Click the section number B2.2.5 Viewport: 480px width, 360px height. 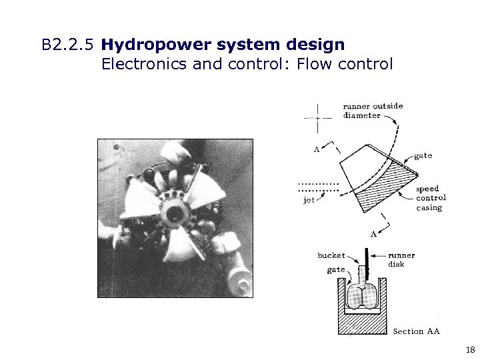click(x=69, y=46)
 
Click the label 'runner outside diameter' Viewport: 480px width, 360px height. click(x=372, y=110)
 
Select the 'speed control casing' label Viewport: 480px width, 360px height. click(x=430, y=198)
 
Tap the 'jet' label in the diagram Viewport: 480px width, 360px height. click(x=309, y=200)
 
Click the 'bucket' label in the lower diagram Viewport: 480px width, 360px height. click(x=331, y=255)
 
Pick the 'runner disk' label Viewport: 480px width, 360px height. click(x=401, y=259)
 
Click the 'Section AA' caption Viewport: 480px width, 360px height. click(x=416, y=331)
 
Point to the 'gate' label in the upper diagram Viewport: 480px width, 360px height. click(x=423, y=156)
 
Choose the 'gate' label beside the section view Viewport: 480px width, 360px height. click(x=336, y=270)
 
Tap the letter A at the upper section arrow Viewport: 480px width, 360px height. click(x=316, y=149)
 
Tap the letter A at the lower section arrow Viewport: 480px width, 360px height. click(x=373, y=234)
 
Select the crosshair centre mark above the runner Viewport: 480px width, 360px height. click(x=318, y=117)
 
